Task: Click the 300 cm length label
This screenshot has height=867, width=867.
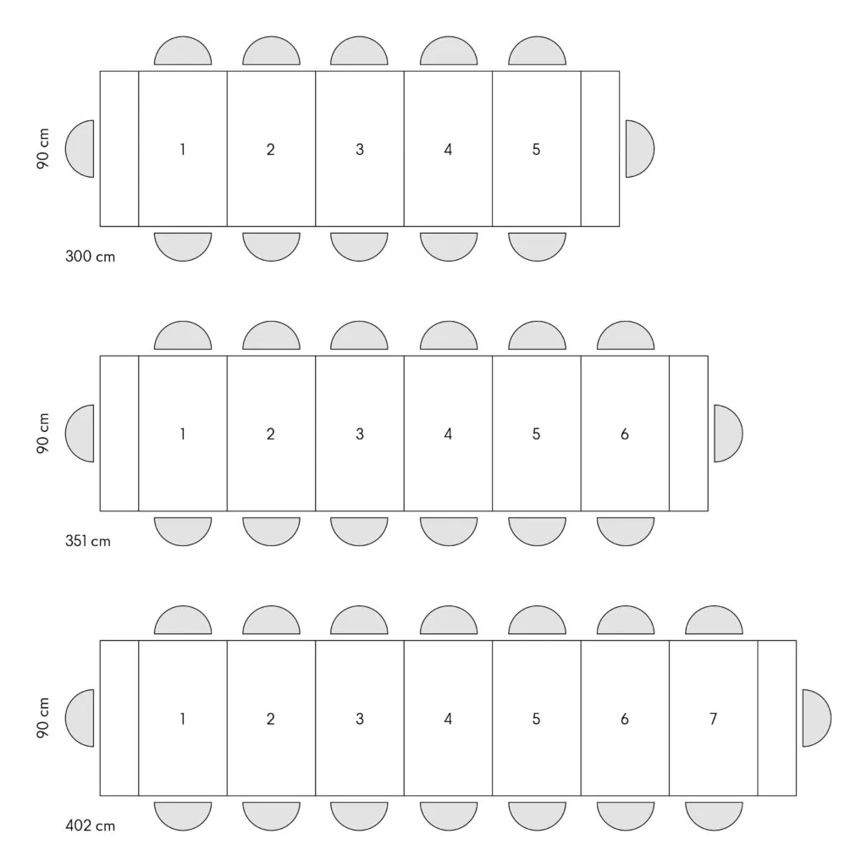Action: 90,257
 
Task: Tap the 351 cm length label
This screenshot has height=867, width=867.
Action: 88,541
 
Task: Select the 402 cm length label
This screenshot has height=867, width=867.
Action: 90,826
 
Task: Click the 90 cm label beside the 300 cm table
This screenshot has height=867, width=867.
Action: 43,149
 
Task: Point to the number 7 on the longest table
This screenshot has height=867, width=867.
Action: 713,719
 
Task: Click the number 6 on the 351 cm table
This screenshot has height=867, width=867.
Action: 625,434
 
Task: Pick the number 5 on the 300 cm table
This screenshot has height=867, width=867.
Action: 536,149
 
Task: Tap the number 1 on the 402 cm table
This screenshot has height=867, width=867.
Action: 183,719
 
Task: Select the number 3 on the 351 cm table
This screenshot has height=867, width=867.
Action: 359,434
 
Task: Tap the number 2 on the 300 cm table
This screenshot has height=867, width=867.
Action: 270,149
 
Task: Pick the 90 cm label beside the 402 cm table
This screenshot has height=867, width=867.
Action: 43,718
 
